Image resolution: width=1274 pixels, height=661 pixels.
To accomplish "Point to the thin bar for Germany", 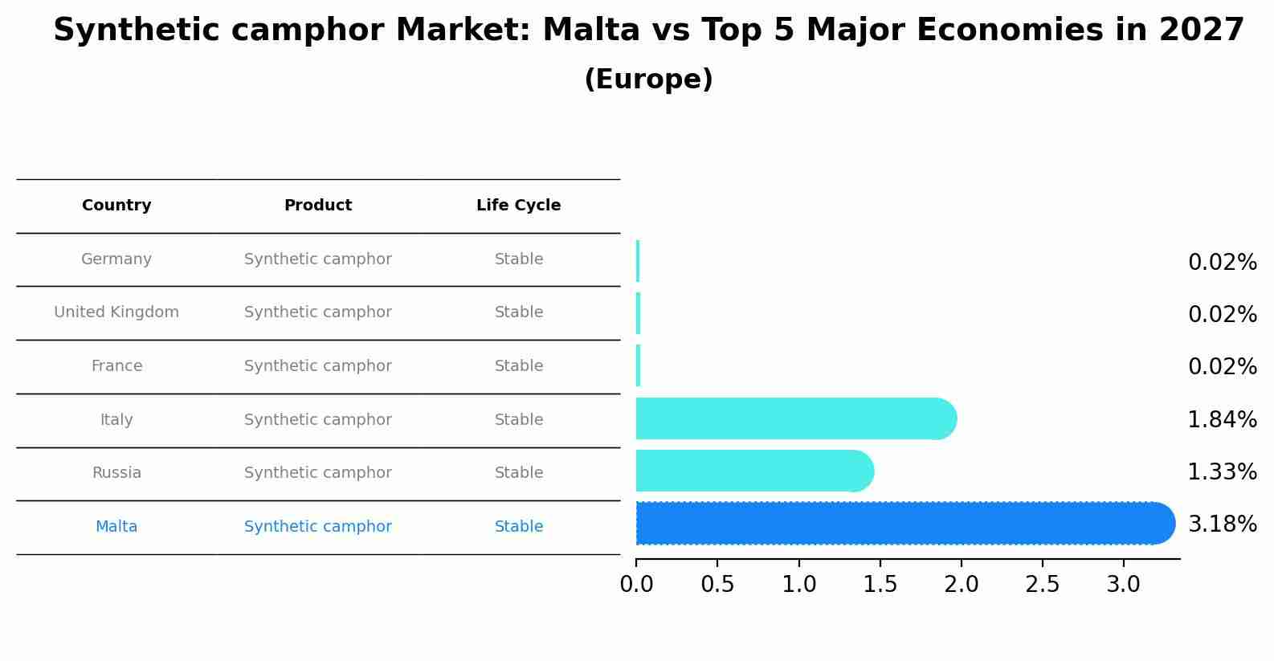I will (x=638, y=261).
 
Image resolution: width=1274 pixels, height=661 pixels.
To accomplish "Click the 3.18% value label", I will (x=1222, y=524).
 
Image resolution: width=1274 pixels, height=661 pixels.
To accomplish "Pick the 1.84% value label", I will (x=1222, y=419).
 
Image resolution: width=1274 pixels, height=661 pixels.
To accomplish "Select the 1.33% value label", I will (x=1222, y=472).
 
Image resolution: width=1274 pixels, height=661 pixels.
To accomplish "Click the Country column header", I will (x=116, y=206).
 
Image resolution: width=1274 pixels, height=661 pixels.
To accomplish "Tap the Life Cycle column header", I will (x=518, y=206).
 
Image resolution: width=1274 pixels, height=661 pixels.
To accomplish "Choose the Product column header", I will (x=318, y=206).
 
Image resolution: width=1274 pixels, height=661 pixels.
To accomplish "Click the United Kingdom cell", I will (x=116, y=312).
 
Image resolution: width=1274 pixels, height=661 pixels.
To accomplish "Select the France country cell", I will (x=116, y=366).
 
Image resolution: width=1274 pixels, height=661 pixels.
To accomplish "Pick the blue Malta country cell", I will (x=116, y=527).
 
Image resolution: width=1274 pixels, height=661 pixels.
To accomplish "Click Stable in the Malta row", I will (x=519, y=527).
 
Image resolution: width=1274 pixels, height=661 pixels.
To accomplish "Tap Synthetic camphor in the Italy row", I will (x=318, y=420).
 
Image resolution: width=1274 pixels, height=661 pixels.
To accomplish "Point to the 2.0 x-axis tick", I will (x=962, y=585).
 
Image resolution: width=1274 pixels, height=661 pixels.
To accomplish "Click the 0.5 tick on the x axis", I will (x=717, y=585).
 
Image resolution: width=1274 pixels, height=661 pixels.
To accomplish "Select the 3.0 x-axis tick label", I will (x=1123, y=585).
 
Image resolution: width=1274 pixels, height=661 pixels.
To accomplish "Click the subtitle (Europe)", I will (x=648, y=80).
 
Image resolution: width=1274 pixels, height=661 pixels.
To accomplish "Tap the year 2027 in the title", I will (x=1201, y=31).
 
